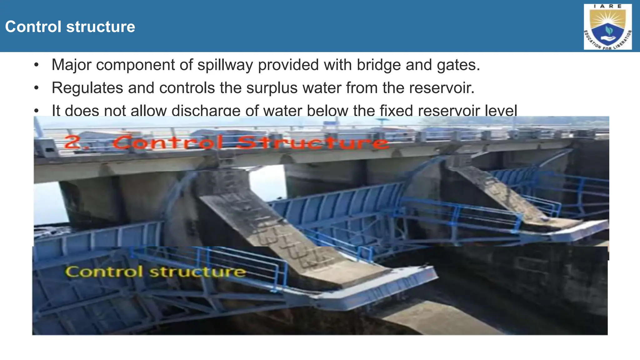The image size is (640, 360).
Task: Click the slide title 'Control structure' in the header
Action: (70, 27)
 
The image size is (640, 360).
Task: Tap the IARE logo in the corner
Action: (607, 27)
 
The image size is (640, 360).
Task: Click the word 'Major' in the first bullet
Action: (72, 65)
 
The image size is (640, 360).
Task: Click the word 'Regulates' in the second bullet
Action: (87, 88)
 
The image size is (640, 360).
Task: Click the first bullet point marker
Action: (37, 65)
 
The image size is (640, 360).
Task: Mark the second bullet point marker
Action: (37, 88)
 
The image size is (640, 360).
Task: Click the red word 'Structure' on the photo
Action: (312, 143)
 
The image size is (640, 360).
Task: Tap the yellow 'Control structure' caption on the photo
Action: (155, 272)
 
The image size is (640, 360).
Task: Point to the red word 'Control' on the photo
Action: (169, 143)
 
